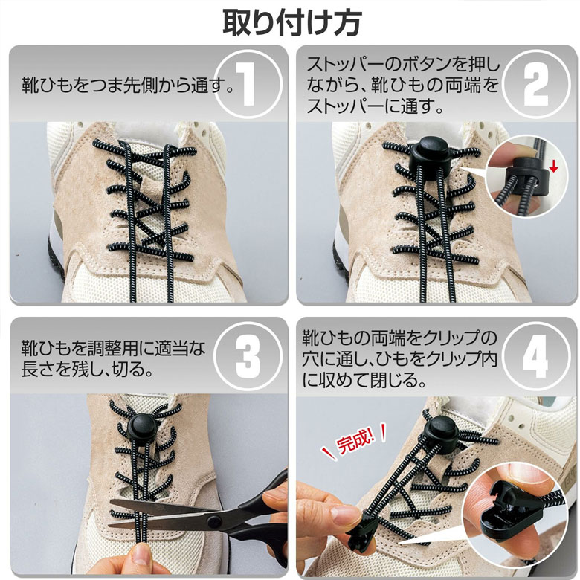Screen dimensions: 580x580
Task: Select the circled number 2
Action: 535,84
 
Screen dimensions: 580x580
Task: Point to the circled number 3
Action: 248,356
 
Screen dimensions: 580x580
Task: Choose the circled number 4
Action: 535,356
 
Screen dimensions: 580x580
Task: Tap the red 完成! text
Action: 355,442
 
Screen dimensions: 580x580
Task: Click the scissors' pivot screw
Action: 213,522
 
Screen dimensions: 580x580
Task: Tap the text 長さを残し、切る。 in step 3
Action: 87,368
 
